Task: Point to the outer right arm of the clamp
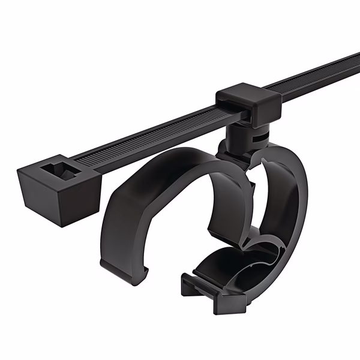tap(294, 198)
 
